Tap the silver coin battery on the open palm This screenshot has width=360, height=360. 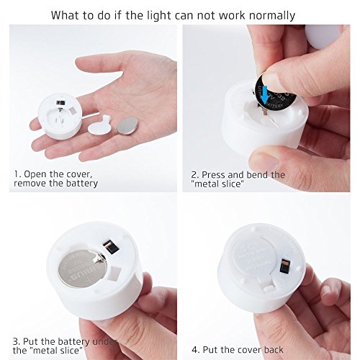[127, 126]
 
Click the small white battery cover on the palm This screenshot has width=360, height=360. [99, 125]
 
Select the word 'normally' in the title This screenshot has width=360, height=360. [272, 15]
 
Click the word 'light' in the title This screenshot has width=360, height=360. [159, 15]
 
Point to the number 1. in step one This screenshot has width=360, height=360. [18, 174]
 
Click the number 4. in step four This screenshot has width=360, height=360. [196, 350]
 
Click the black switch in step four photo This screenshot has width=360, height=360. [285, 267]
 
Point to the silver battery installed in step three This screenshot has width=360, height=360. [83, 269]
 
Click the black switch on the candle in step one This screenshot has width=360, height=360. [60, 102]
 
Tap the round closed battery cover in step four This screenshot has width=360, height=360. [256, 254]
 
